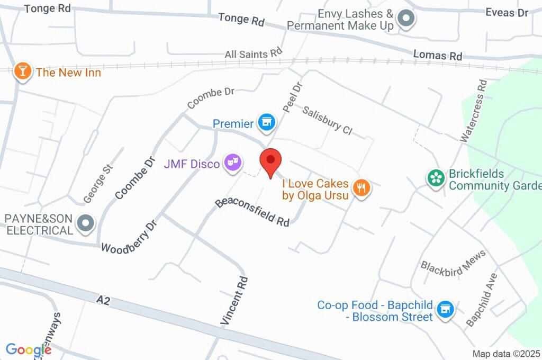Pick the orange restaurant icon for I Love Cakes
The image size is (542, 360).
(361, 187)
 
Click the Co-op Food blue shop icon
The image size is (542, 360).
(446, 309)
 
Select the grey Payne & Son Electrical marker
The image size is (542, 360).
(85, 224)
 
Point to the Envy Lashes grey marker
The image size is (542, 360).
(406, 19)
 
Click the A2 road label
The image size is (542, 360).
(103, 300)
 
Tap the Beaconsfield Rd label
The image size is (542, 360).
(252, 212)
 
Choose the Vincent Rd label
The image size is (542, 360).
(234, 300)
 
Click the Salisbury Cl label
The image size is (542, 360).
(327, 120)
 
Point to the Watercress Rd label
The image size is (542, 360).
(473, 111)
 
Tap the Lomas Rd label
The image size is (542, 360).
(437, 55)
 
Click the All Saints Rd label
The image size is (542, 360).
(254, 53)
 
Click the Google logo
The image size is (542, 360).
(29, 349)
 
